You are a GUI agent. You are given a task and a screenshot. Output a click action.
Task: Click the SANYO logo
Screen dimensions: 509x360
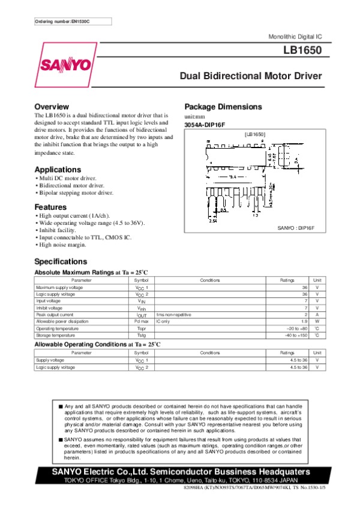pos(66,65)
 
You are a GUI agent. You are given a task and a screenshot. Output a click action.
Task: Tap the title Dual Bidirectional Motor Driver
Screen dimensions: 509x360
pos(251,76)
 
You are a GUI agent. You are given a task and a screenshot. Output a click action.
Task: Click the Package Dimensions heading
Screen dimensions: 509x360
pos(223,107)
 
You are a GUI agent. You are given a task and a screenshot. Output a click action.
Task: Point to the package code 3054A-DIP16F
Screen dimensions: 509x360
pos(205,124)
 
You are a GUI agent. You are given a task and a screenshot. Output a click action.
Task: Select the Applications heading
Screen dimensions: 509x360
pos(58,170)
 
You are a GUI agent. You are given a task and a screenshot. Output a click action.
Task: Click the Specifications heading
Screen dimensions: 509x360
pos(61,261)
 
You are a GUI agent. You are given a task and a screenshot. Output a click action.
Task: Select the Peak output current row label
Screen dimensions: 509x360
pos(55,314)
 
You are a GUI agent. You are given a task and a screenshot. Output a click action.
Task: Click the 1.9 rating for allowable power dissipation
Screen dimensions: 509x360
pos(304,321)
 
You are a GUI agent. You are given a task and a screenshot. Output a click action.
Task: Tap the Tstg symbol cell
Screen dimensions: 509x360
pos(141,336)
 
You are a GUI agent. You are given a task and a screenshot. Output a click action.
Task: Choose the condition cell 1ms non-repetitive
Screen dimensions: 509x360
pos(174,314)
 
